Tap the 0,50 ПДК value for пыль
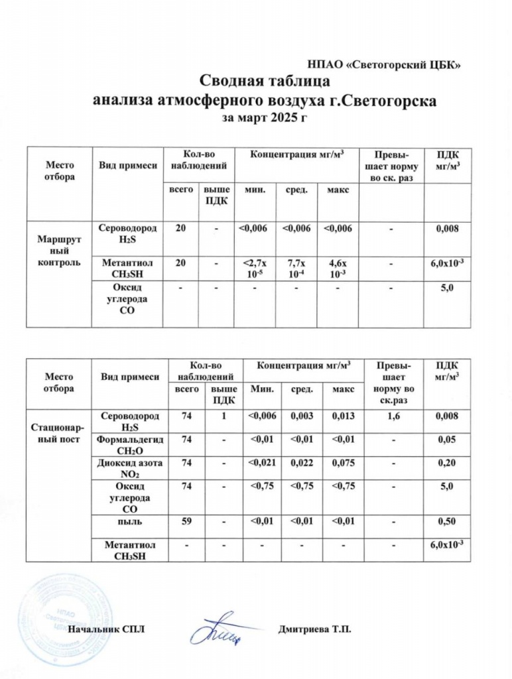(446, 521)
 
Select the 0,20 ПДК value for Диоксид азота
(446, 463)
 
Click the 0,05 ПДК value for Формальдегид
(446, 439)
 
